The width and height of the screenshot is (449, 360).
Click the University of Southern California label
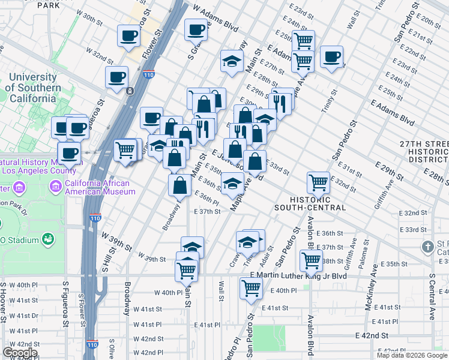point(35,88)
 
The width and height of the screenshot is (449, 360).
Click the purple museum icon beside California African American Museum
point(56,187)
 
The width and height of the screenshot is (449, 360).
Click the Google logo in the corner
point(20,353)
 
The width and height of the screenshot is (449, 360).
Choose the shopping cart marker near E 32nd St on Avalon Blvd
point(318,181)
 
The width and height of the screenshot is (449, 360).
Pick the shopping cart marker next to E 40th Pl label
point(250,289)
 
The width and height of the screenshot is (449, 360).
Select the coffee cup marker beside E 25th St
point(331,57)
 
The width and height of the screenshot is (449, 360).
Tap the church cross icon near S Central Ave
point(427,247)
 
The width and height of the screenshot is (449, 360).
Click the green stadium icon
point(46,240)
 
